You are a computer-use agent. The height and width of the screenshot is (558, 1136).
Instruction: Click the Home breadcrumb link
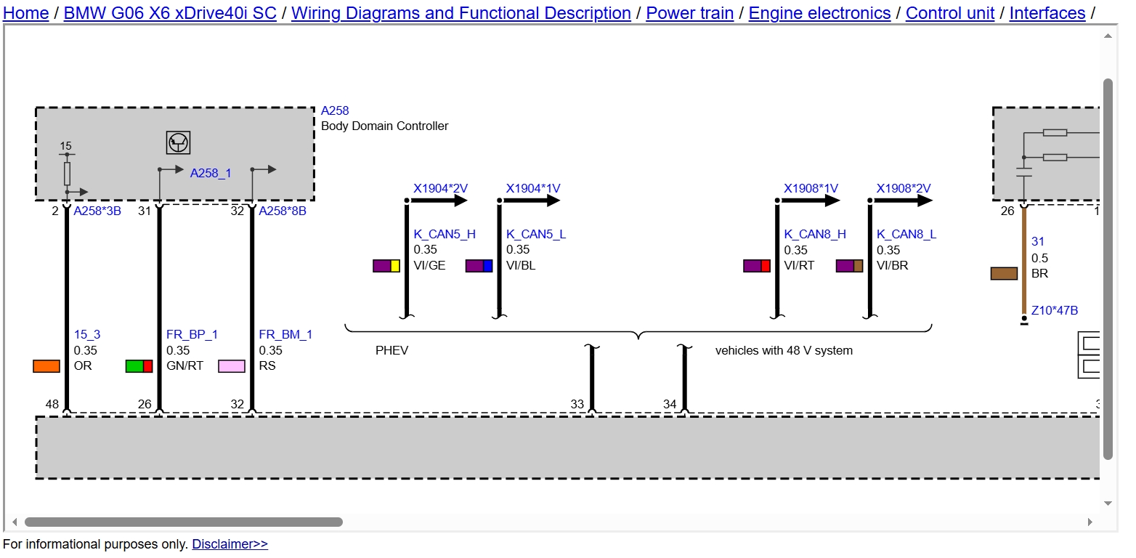pyautogui.click(x=26, y=12)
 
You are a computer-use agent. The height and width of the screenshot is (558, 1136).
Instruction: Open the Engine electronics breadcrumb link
pyautogui.click(x=819, y=12)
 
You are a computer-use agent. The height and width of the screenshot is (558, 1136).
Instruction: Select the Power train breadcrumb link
pyautogui.click(x=690, y=12)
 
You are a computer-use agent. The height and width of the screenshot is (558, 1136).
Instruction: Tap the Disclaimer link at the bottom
pyautogui.click(x=230, y=543)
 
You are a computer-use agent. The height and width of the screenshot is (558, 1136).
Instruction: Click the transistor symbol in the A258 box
pyautogui.click(x=178, y=142)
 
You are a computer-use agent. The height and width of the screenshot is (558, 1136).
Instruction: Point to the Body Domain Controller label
pyautogui.click(x=384, y=126)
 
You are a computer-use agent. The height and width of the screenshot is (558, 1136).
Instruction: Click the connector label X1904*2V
pyautogui.click(x=440, y=188)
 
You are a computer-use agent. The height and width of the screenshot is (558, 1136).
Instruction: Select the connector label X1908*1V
pyautogui.click(x=811, y=188)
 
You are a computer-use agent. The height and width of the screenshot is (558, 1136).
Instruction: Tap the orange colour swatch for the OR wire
pyautogui.click(x=46, y=365)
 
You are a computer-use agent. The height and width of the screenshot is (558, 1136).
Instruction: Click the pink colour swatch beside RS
pyautogui.click(x=232, y=365)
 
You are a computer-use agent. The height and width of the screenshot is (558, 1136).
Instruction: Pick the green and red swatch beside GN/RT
pyautogui.click(x=139, y=365)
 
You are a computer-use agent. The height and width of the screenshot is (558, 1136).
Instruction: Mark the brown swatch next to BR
pyautogui.click(x=1004, y=273)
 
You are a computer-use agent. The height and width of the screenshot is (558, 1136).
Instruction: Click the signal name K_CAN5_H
pyautogui.click(x=445, y=234)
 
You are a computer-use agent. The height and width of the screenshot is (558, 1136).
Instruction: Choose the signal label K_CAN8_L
pyautogui.click(x=906, y=234)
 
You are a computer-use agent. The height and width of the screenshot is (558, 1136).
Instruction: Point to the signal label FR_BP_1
pyautogui.click(x=192, y=334)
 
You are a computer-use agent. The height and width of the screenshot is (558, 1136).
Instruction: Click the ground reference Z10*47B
pyautogui.click(x=1055, y=310)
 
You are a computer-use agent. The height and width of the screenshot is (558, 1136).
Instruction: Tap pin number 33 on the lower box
pyautogui.click(x=577, y=404)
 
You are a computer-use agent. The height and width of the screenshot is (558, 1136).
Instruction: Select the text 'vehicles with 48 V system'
pyautogui.click(x=784, y=350)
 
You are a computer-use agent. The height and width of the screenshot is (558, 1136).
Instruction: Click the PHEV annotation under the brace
pyautogui.click(x=391, y=350)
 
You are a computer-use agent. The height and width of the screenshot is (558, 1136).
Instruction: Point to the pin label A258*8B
pyautogui.click(x=283, y=211)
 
